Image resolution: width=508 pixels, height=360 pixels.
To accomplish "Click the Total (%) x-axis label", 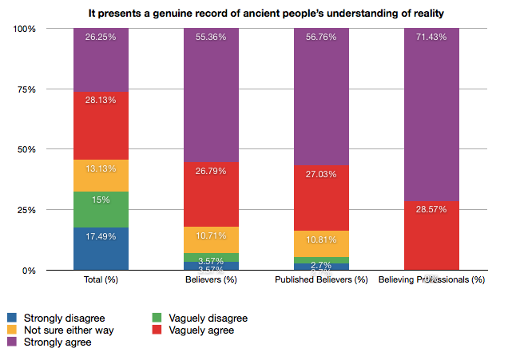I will (x=101, y=280).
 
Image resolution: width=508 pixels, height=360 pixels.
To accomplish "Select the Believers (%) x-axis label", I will (x=211, y=280).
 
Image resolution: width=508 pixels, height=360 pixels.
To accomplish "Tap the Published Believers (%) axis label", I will (x=321, y=280).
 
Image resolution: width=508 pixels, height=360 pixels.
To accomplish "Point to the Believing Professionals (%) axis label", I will (x=431, y=280).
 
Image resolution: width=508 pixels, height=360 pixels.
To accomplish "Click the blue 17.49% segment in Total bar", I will (x=101, y=249).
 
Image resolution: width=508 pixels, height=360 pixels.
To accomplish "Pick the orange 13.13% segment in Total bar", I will (x=101, y=176).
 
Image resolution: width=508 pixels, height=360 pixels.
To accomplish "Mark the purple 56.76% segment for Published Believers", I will (x=321, y=97).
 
